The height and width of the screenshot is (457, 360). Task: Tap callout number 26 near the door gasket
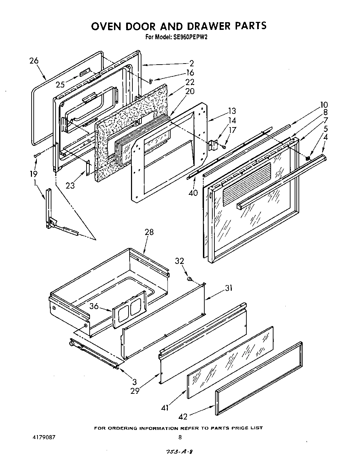(34, 61)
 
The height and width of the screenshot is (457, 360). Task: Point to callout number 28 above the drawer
(149, 232)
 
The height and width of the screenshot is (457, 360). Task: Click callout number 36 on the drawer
(94, 306)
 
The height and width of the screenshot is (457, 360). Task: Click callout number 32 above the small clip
(180, 261)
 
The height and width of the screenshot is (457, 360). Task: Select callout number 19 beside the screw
(33, 174)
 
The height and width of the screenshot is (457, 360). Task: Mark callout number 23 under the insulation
(70, 185)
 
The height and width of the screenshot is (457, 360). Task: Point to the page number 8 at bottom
(180, 437)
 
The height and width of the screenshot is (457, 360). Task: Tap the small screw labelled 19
(38, 155)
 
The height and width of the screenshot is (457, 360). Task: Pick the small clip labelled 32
(190, 278)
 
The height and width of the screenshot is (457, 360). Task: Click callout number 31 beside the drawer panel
(228, 288)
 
